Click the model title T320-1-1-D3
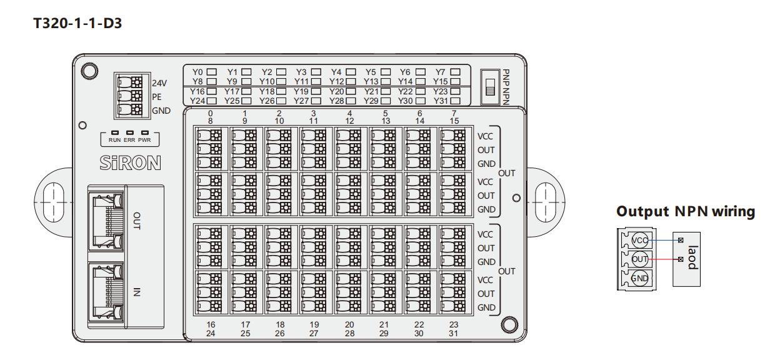pos(77,23)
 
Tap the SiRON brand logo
pos(131,163)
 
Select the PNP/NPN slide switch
pos(490,87)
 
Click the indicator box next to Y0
pos(211,72)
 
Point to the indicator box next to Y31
pos(455,101)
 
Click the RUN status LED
pos(114,132)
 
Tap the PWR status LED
pos(145,132)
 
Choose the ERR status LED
pos(130,132)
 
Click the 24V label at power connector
pos(159,83)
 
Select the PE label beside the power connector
pos(157,97)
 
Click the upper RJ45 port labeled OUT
pos(106,221)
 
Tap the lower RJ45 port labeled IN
pos(106,292)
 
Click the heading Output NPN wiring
pos(686,212)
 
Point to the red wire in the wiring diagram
pos(664,259)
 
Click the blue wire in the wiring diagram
pos(664,240)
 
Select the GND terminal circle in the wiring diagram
pos(640,278)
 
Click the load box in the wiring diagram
pos(686,259)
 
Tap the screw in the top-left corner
pos(89,71)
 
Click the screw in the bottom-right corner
pos(509,325)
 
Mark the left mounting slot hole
pos(53,202)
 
